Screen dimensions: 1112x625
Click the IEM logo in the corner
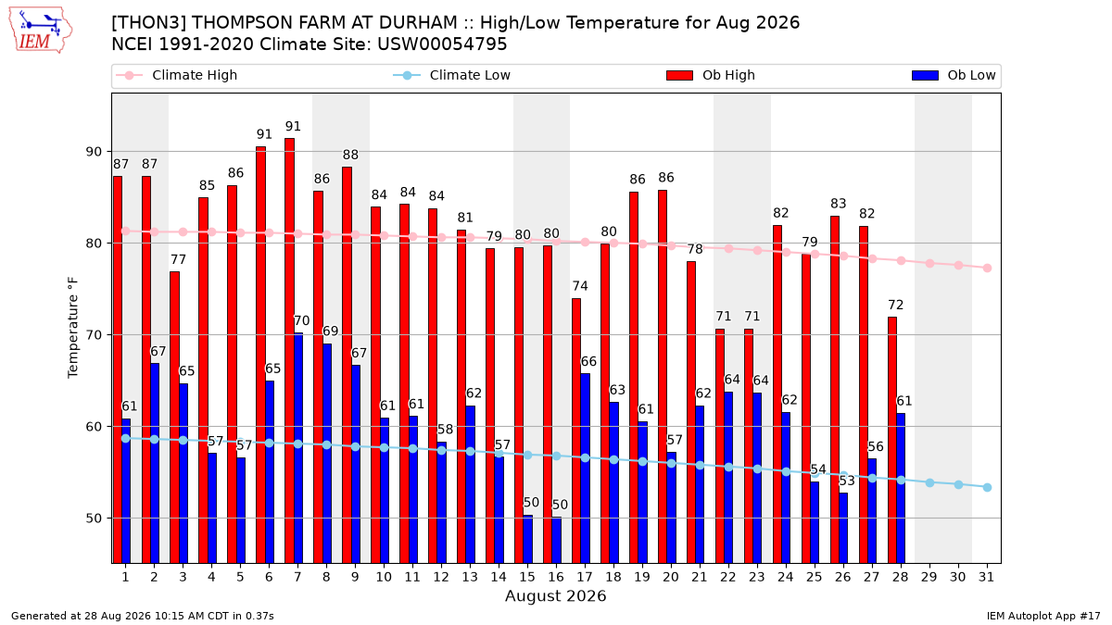coord(41,31)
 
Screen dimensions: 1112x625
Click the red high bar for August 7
coord(289,351)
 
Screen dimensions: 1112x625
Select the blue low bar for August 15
coord(527,539)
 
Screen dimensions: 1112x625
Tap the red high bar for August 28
coord(892,440)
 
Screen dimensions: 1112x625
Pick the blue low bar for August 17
coord(586,469)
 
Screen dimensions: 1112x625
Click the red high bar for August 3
coord(175,418)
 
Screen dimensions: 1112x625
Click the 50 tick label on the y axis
coord(94,519)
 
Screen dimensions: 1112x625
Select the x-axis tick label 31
coord(986,578)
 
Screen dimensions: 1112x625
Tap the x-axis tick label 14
coord(499,578)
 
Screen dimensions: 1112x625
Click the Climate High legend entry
coord(177,75)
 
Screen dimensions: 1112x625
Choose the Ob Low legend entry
coord(954,75)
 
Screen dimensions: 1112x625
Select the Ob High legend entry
coord(711,75)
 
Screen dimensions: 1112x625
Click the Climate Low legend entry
coord(452,75)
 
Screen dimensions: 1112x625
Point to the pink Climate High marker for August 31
coord(988,268)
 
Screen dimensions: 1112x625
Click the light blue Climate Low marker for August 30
coord(958,484)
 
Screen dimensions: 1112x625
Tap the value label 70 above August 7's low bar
coord(302,321)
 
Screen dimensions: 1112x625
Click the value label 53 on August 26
coord(847,481)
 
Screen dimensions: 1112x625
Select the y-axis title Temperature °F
coord(73,328)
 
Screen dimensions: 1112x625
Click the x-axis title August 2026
coord(555,595)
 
